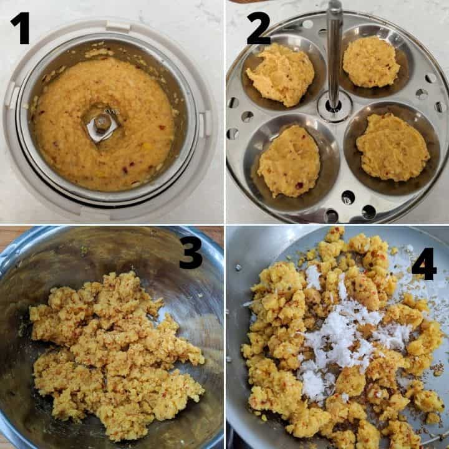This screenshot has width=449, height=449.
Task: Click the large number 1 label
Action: [21, 28]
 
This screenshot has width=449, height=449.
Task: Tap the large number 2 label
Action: [259, 28]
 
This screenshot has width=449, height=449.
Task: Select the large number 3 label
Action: [191, 253]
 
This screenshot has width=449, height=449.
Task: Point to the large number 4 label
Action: [424, 264]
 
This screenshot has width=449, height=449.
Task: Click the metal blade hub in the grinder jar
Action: [102, 126]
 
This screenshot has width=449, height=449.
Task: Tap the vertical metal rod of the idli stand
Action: [334, 54]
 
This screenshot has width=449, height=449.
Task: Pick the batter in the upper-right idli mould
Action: [371, 62]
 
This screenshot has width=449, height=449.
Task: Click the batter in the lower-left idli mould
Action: [289, 161]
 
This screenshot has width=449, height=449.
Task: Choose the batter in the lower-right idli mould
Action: [393, 148]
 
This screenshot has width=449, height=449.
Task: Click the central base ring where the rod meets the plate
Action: [334, 107]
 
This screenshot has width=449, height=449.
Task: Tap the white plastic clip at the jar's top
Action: [118, 26]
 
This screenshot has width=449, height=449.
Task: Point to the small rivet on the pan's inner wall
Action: [238, 268]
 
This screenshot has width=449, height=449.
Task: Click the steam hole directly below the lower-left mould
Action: [332, 215]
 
